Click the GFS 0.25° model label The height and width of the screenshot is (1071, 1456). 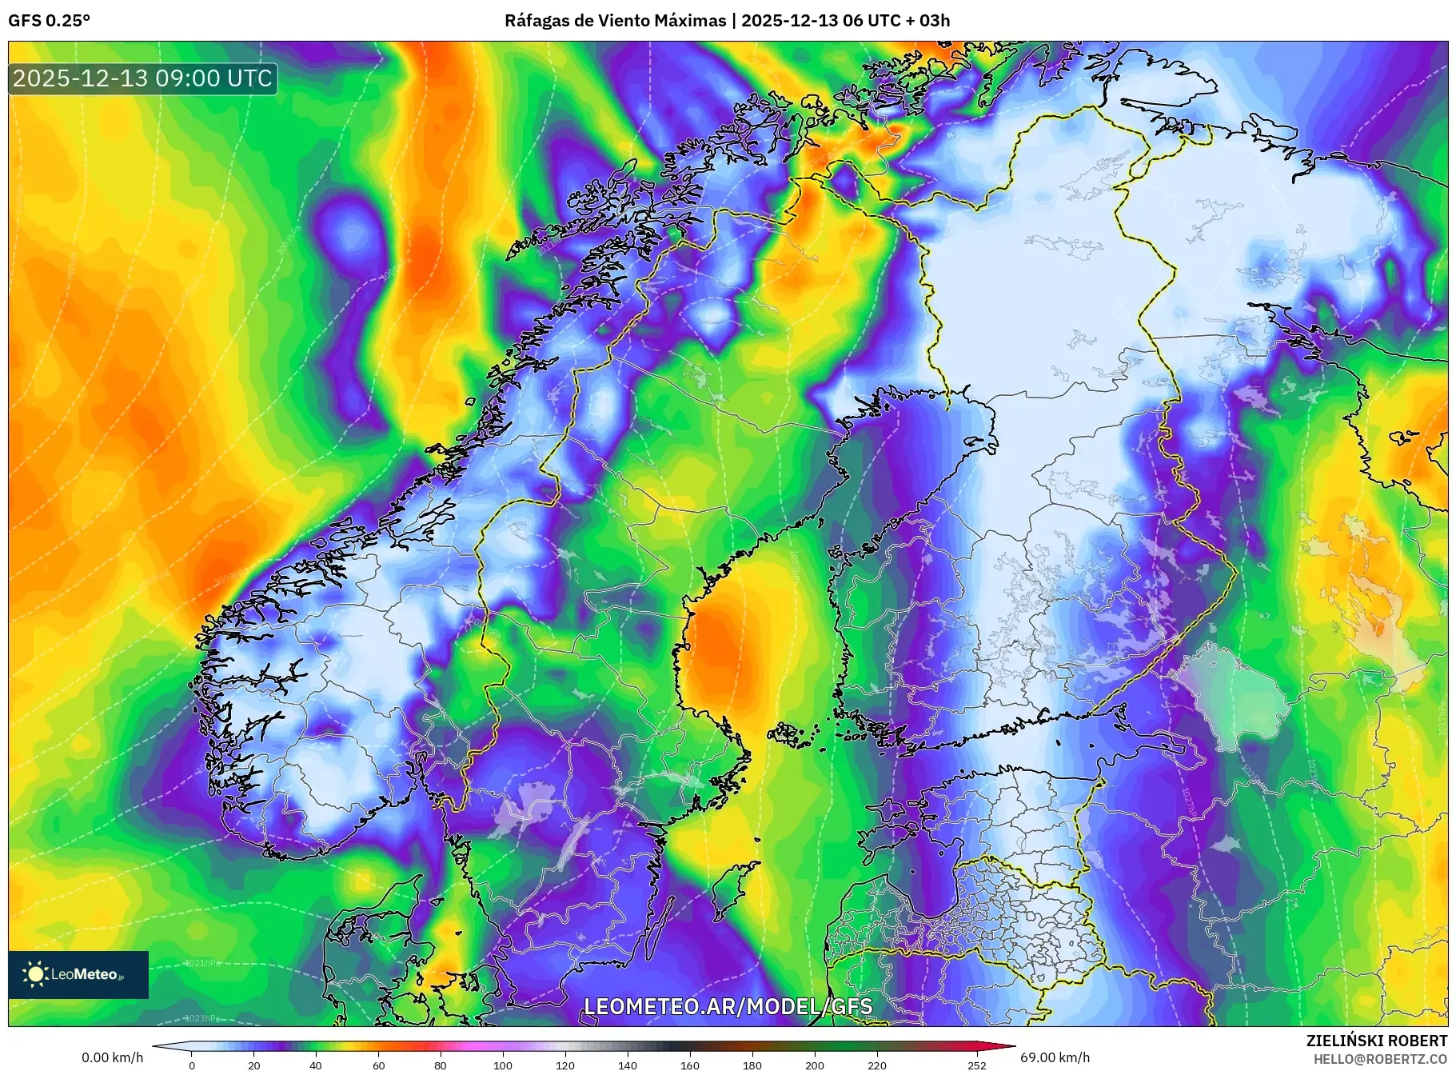49,21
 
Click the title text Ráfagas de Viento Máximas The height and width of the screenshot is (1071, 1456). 614,21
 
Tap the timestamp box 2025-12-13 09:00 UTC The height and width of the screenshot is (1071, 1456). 143,78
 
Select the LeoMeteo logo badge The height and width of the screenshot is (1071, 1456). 78,974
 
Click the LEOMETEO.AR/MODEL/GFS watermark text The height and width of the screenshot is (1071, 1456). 728,1006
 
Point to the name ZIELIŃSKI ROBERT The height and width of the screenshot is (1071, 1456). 1376,1041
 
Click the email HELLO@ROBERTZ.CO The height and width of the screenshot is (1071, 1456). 1380,1059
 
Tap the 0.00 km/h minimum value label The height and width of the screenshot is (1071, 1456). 113,1057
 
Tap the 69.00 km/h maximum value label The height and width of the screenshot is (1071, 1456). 1055,1057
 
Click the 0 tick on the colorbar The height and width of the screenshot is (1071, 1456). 191,1065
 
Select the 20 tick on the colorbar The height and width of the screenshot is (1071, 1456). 253,1065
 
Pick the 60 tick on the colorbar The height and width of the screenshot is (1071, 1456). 378,1065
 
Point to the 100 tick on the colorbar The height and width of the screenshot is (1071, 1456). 503,1065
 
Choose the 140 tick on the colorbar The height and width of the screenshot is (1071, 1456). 628,1065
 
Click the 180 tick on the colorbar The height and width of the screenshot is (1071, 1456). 752,1065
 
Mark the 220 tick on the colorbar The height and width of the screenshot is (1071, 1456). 877,1065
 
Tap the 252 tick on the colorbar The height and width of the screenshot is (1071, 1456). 976,1065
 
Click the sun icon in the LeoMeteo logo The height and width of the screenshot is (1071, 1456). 36,974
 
